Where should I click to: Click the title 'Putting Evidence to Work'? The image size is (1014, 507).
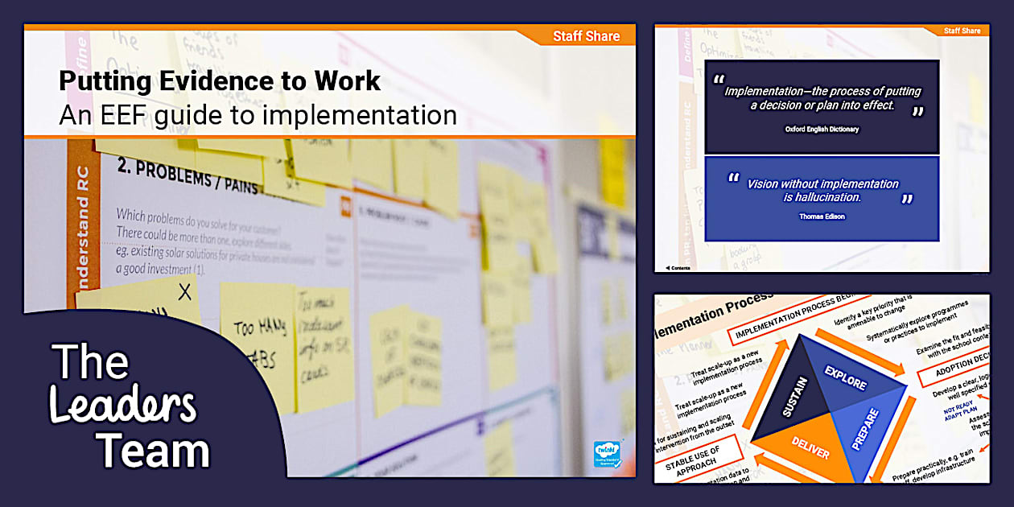[x=220, y=82]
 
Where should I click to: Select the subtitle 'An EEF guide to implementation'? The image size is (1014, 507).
[x=258, y=115]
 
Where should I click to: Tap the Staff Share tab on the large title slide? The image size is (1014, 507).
[x=586, y=36]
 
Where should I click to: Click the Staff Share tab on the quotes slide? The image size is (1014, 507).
[x=962, y=31]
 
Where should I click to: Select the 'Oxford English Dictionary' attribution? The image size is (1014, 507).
[x=822, y=129]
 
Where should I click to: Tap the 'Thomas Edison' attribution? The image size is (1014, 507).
[x=822, y=216]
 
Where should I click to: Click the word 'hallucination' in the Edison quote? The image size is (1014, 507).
[x=822, y=197]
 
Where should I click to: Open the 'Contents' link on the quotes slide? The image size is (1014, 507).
[x=678, y=268]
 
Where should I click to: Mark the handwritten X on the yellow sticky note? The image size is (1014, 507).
[x=185, y=291]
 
